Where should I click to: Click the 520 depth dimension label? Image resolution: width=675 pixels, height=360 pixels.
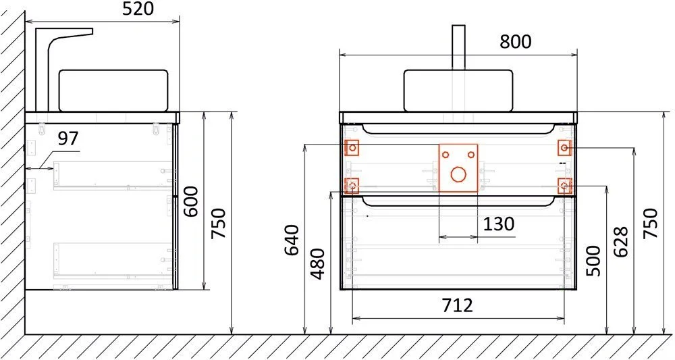coord(138,9)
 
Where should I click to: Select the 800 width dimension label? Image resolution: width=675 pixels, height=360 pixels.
coord(515,42)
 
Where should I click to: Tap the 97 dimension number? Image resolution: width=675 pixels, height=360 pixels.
coord(68,138)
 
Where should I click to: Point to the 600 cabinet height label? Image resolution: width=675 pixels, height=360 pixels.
coord(190,201)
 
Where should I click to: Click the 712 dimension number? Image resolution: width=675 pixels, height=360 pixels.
coord(457,305)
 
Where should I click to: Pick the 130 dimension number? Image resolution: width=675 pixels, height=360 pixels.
coord(499,224)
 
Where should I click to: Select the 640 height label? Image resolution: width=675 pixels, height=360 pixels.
coord(292,240)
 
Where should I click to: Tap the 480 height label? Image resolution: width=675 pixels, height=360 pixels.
coord(317,263)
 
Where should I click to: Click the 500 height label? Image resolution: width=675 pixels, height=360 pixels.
coord(593,261)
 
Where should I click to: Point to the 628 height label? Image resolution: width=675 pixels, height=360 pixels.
coord(621,242)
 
